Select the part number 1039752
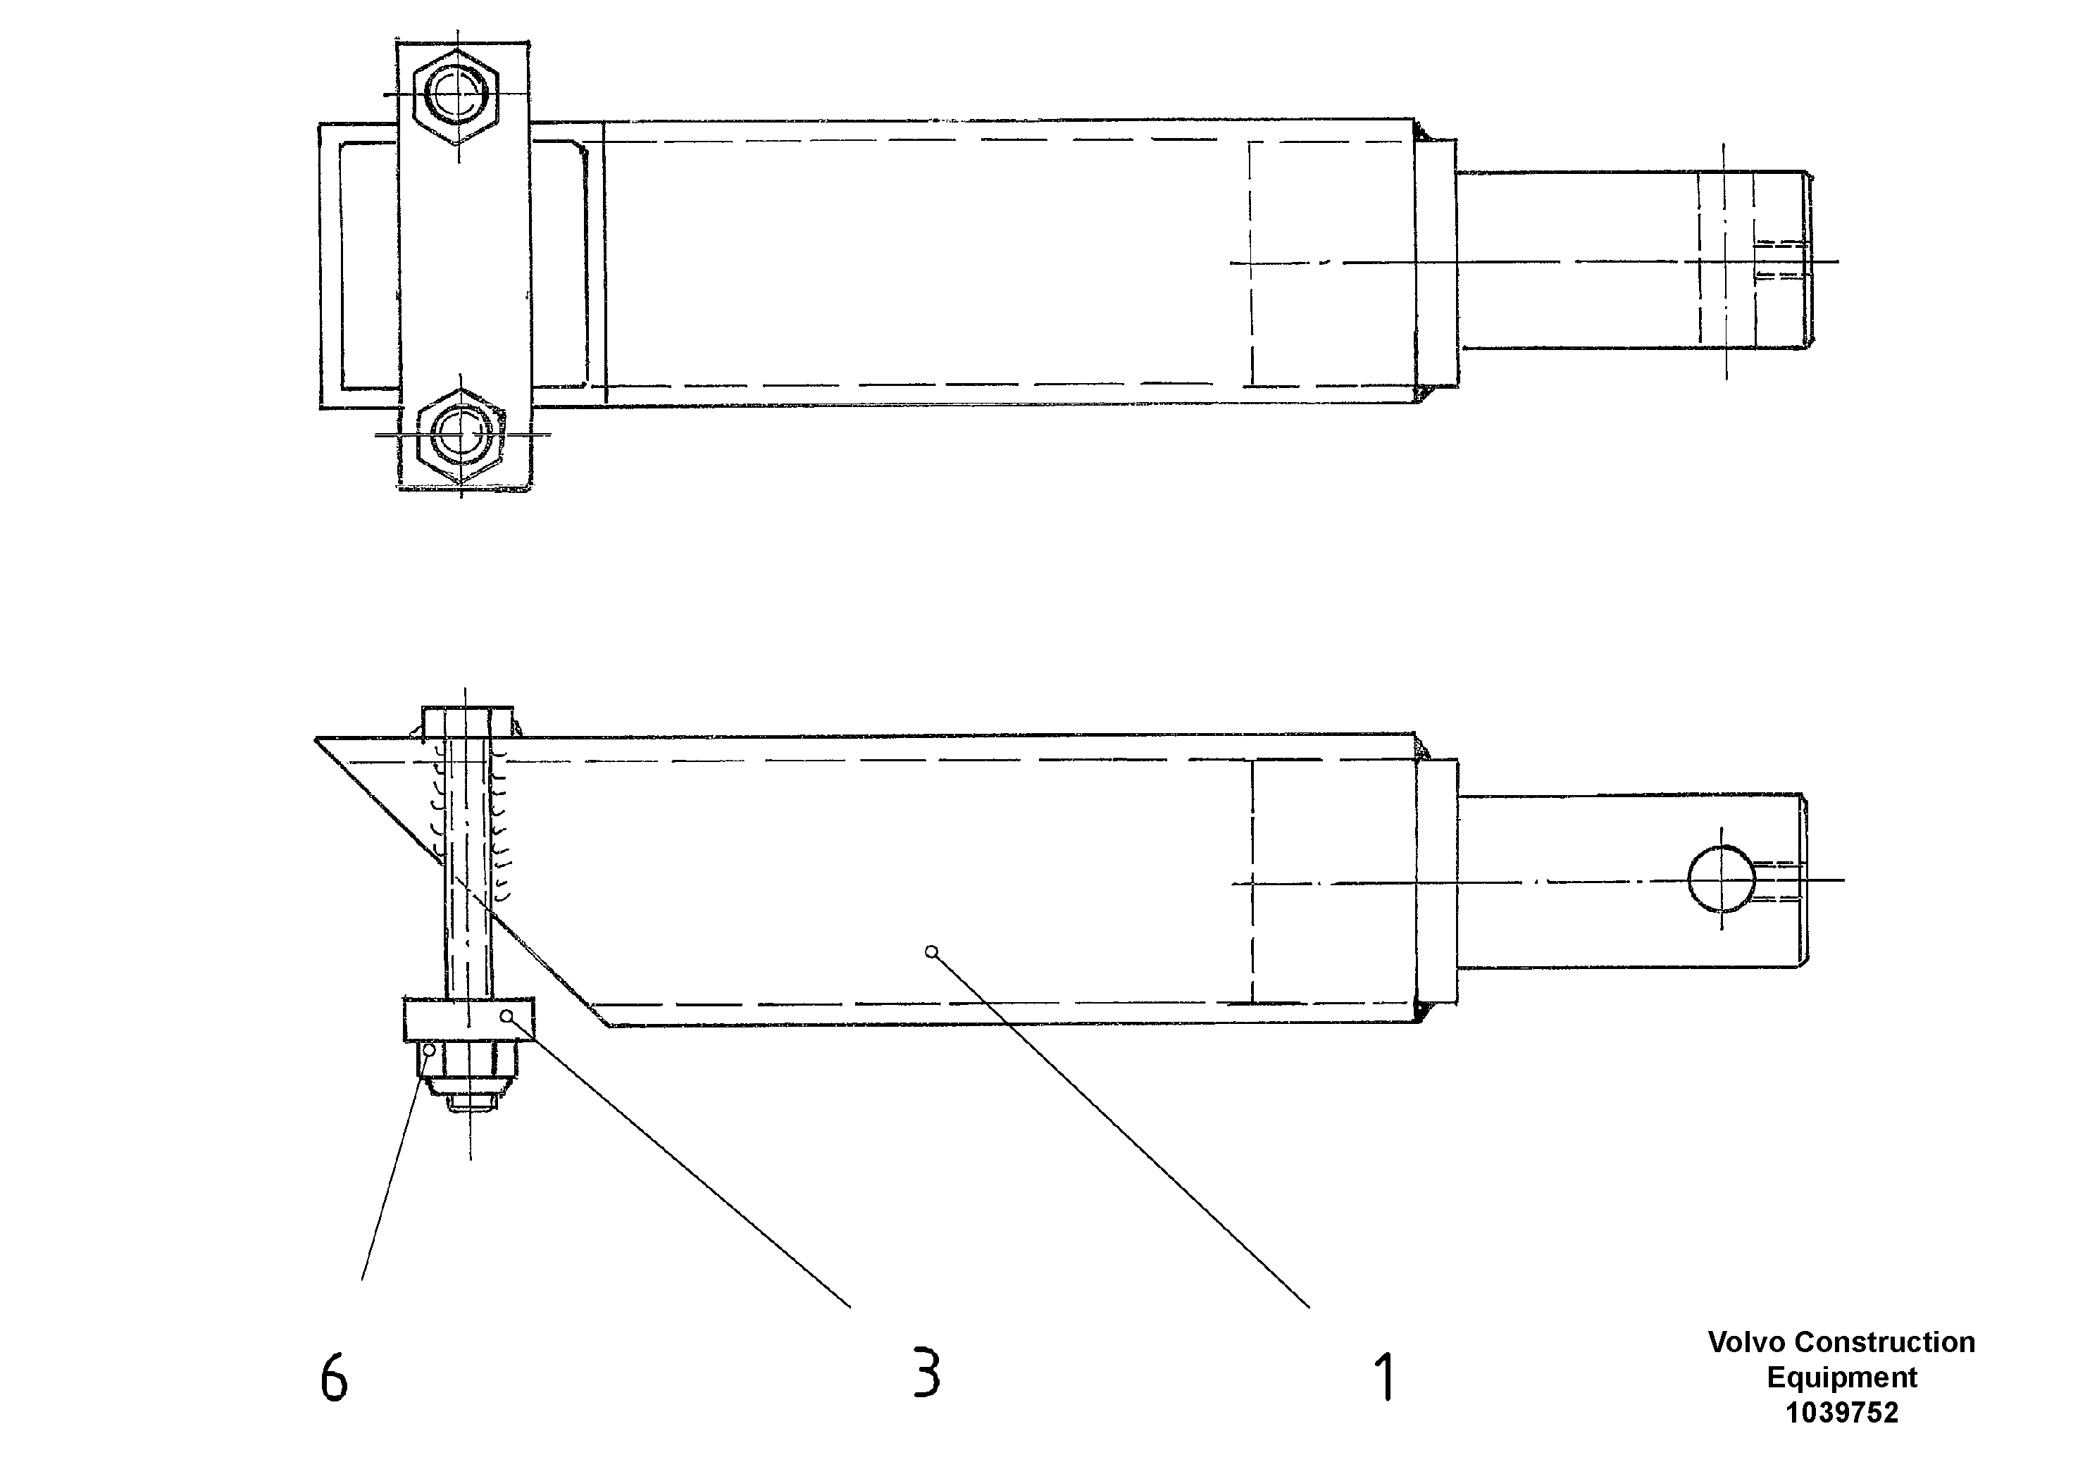[1841, 1413]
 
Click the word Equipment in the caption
[1841, 1377]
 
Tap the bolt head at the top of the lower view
[467, 721]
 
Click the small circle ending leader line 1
[931, 951]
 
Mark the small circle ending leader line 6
[429, 1050]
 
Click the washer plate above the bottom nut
[468, 1020]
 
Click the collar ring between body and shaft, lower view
[1438, 881]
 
